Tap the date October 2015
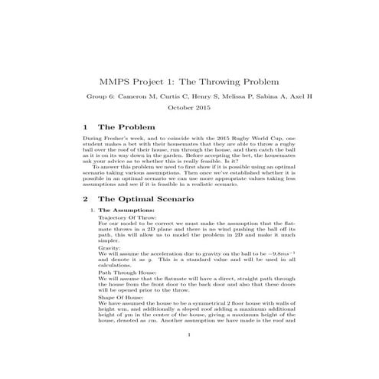tap(188, 107)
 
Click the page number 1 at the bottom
tap(188, 356)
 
